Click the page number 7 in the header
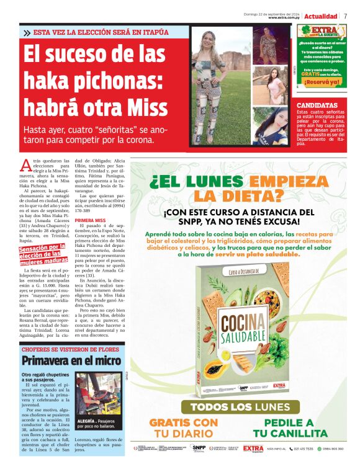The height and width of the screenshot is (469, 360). tap(345, 16)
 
